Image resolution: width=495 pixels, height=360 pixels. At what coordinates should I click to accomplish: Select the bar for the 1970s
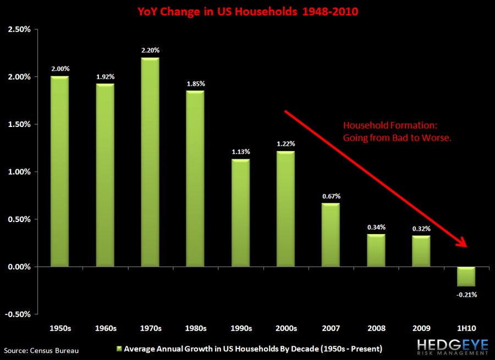tap(150, 162)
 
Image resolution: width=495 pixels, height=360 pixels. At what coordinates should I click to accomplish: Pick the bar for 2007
tap(331, 235)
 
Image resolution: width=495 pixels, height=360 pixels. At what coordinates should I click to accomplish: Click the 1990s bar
tap(240, 213)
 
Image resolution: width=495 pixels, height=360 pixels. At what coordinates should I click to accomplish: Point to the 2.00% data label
tap(59, 69)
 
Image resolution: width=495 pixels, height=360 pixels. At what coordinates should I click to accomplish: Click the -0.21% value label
tap(466, 295)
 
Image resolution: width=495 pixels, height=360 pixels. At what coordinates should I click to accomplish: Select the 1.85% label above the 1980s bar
tap(195, 84)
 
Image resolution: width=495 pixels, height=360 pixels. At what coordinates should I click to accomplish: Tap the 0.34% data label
tap(376, 227)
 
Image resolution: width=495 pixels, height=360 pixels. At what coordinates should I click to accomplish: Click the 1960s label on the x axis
tap(105, 329)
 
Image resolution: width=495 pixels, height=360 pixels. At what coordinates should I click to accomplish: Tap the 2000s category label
tap(285, 329)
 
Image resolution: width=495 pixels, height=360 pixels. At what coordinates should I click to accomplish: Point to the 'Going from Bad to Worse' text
tap(397, 138)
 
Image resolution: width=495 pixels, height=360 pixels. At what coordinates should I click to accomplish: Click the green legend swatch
tap(119, 349)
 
